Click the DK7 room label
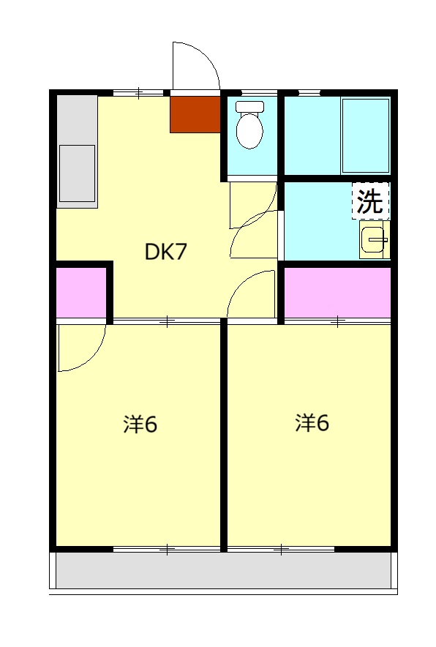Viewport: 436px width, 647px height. click(166, 251)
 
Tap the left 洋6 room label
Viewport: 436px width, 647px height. click(140, 425)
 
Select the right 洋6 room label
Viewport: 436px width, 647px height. click(312, 423)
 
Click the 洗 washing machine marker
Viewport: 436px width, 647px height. click(370, 201)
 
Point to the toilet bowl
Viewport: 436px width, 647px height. click(249, 131)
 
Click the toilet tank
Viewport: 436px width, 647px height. click(249, 106)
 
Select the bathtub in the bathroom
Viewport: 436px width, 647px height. click(366, 135)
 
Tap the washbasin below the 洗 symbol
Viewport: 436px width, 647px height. click(375, 240)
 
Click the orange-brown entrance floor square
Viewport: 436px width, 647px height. click(195, 114)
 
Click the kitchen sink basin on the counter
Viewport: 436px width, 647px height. click(77, 173)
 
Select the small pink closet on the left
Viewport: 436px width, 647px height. click(81, 292)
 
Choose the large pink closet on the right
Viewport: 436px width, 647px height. click(337, 292)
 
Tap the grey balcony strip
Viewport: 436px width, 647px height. click(223, 570)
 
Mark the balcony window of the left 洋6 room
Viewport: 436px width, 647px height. click(167, 549)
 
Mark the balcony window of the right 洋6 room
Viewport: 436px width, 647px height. click(281, 549)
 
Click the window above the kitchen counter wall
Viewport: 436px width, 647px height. click(138, 93)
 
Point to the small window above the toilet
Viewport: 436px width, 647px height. click(259, 92)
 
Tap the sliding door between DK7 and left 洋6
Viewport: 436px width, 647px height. click(167, 321)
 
